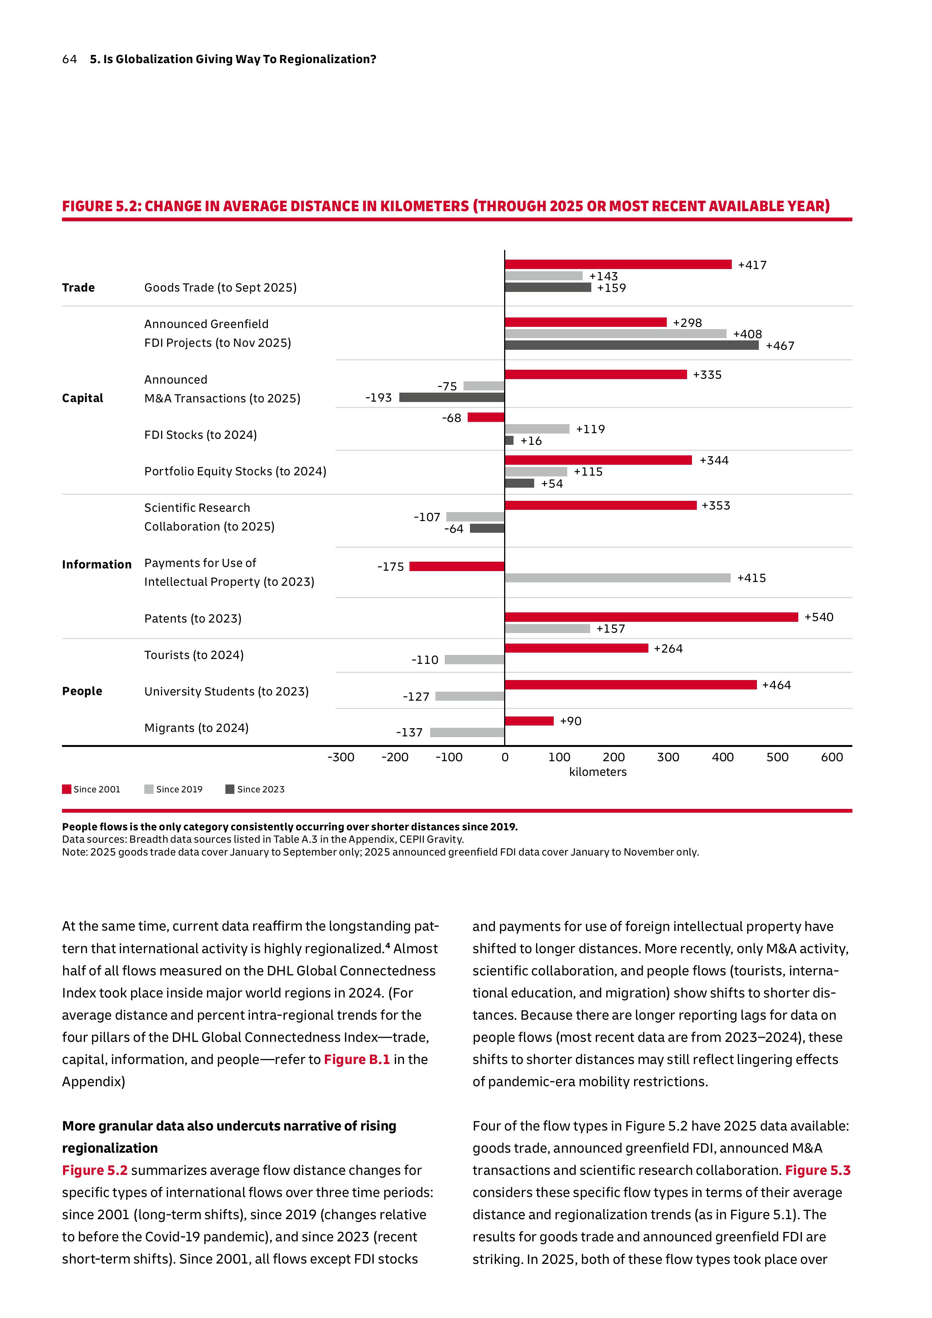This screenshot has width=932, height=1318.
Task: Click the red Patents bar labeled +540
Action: [651, 617]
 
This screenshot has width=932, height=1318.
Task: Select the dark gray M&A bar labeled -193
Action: [452, 397]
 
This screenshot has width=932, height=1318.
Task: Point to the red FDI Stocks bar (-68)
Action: [486, 417]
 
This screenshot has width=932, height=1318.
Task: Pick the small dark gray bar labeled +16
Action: [509, 440]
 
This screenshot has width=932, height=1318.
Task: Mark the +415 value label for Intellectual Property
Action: [751, 578]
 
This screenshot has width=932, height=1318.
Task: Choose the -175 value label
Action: [390, 567]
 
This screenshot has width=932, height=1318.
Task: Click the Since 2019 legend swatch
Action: [149, 789]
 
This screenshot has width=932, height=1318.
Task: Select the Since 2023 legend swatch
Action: [230, 789]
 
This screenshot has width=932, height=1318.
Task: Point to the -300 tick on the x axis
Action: [341, 757]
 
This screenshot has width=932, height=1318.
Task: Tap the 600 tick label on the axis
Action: [832, 757]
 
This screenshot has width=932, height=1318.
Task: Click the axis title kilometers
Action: [597, 772]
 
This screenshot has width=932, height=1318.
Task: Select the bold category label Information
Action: [97, 564]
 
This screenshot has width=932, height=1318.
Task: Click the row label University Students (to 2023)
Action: [226, 691]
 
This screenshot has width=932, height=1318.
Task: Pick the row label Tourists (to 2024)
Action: [194, 655]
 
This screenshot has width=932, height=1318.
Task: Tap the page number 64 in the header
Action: [69, 59]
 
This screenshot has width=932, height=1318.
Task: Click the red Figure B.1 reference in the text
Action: [356, 1059]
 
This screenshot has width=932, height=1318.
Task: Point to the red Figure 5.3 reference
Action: [817, 1170]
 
